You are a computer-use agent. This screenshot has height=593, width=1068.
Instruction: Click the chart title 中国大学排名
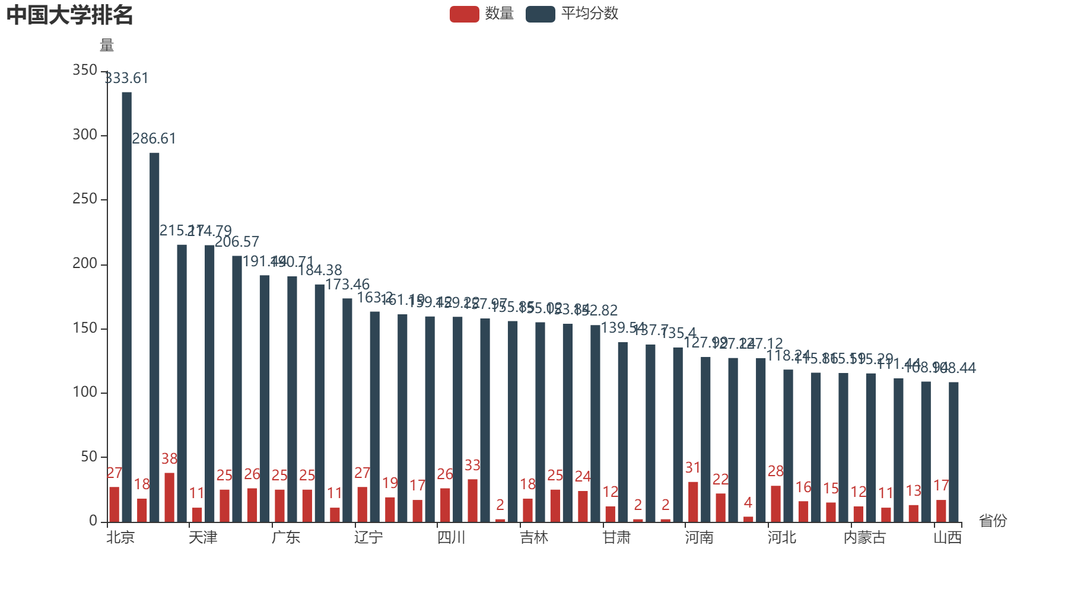point(69,15)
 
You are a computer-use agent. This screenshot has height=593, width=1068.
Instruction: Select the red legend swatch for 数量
point(464,14)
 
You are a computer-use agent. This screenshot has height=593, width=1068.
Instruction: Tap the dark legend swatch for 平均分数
point(540,14)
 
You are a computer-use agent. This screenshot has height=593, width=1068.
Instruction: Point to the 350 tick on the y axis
point(85,70)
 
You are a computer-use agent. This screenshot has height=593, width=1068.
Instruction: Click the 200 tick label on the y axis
point(85,263)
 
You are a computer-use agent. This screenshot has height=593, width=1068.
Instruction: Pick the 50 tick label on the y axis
point(89,457)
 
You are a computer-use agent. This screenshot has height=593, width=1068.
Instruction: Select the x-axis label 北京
point(120,537)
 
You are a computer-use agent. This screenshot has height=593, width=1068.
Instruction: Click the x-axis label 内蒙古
point(864,537)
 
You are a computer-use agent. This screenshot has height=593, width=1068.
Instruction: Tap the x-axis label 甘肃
point(616,537)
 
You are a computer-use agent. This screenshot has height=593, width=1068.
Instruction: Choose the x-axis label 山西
point(947,537)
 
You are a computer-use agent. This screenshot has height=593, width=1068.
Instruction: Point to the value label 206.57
point(237,242)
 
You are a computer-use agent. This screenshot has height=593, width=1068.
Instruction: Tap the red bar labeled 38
point(170,497)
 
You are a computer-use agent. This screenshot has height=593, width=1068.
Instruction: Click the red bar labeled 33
point(472,500)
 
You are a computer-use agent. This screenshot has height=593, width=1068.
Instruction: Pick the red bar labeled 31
point(693,502)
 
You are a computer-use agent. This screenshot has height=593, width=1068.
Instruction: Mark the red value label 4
point(748,503)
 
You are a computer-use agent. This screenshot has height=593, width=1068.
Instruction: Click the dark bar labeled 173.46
point(347,410)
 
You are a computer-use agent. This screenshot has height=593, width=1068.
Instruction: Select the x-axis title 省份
point(993,521)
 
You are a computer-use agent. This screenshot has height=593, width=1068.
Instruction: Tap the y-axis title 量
point(107,45)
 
